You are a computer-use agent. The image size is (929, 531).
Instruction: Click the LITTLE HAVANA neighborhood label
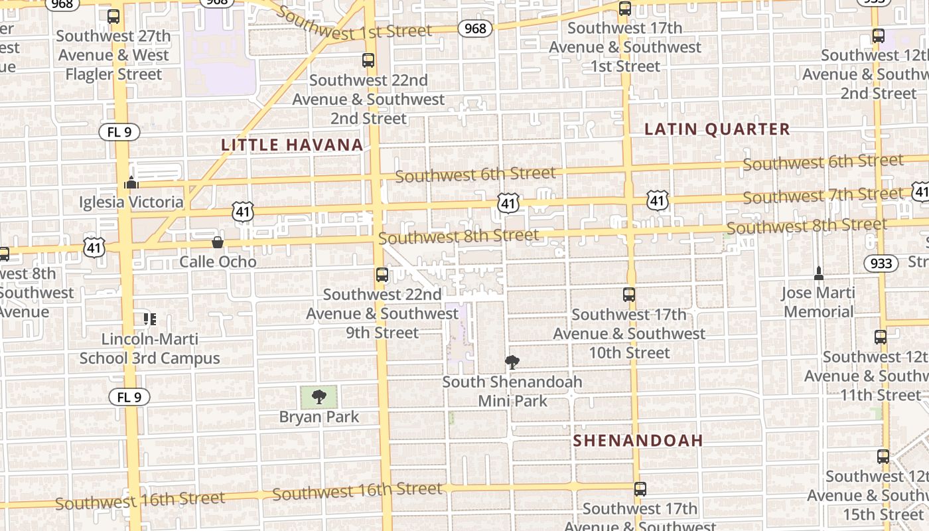click(x=292, y=145)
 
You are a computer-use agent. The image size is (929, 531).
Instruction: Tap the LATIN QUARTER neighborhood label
click(x=717, y=129)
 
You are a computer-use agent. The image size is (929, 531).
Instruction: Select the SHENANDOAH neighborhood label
click(x=638, y=441)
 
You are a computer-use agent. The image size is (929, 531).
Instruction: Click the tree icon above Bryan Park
click(x=319, y=397)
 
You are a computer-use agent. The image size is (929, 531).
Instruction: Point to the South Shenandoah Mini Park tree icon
click(x=512, y=362)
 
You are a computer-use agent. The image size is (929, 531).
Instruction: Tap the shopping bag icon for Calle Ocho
click(x=218, y=242)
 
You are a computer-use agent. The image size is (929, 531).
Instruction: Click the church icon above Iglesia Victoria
click(x=131, y=183)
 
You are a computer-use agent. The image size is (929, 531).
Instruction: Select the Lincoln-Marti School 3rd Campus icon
click(x=150, y=319)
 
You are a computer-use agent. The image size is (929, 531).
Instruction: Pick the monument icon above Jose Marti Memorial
click(x=819, y=273)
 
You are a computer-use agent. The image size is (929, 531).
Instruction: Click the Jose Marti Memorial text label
click(x=818, y=302)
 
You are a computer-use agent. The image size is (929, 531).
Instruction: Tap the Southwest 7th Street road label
click(x=823, y=196)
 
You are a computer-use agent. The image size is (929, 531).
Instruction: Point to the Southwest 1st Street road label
click(x=353, y=25)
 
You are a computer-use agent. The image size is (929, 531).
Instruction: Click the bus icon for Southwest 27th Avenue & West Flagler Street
click(x=113, y=17)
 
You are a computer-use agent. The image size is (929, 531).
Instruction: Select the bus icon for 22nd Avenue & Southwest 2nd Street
click(x=368, y=60)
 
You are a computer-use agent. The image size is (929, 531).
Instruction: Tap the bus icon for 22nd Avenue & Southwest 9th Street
click(x=382, y=275)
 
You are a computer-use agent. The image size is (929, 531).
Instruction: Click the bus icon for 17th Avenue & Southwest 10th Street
click(x=629, y=295)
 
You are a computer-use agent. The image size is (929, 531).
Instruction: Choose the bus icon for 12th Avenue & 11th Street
click(x=881, y=337)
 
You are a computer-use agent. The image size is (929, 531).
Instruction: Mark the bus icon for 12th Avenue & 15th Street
click(x=883, y=457)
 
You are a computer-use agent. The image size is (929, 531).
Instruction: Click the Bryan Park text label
click(x=319, y=417)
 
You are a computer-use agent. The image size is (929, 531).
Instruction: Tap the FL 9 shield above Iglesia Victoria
click(x=120, y=132)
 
